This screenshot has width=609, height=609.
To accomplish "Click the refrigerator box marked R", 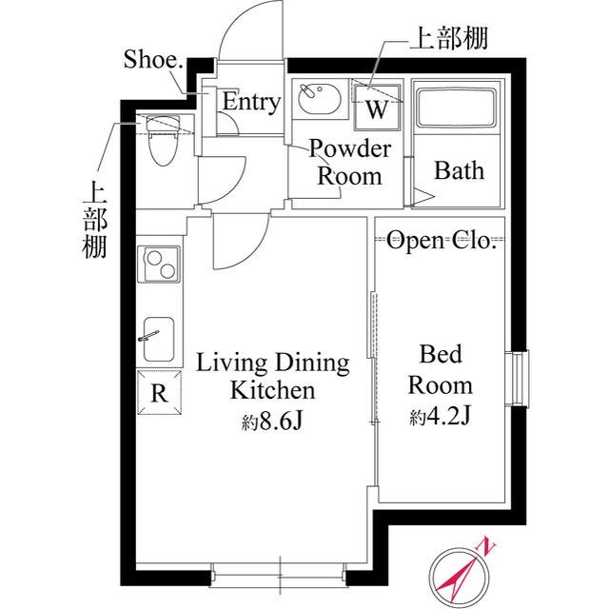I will coord(159,393).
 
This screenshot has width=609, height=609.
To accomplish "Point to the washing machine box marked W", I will coord(377,108).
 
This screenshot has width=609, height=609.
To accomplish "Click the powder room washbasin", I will coord(318,98).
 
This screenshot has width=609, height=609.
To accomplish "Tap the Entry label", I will coord(251,103).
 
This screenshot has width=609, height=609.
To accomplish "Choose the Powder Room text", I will coord(349,162).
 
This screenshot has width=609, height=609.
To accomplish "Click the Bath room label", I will coord(459,171).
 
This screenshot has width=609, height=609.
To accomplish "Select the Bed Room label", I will coord(440,370).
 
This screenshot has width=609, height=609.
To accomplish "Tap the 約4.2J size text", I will coord(440,416).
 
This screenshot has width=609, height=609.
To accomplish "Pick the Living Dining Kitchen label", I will coord(272,376).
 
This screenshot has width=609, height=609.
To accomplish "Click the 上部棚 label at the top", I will coord(448,39).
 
